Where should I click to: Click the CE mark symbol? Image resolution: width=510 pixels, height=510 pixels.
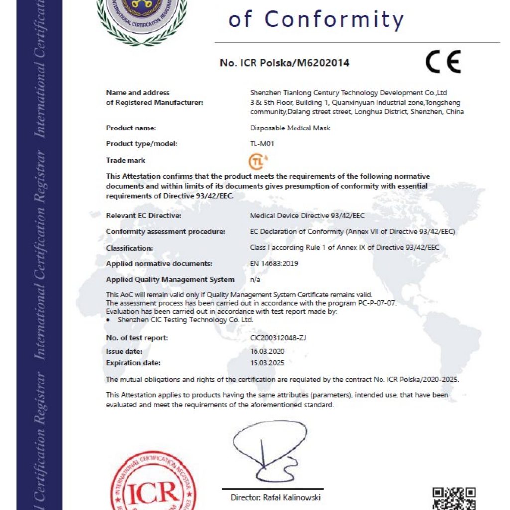[x=443, y=62]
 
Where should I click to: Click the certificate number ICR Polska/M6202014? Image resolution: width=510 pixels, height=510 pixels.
[x=284, y=63]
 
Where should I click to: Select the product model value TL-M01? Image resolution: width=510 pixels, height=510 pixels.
[x=262, y=144]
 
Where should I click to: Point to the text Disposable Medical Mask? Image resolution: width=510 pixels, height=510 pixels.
[x=290, y=128]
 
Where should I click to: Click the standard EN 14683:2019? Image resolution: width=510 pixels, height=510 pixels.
[x=274, y=263]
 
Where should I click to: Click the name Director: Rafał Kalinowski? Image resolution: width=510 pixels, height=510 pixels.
[x=275, y=497]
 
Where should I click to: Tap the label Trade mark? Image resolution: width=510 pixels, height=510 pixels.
[x=126, y=160]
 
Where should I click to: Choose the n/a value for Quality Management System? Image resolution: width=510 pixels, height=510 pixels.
[x=255, y=279]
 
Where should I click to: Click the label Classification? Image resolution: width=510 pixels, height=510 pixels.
[x=129, y=248]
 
